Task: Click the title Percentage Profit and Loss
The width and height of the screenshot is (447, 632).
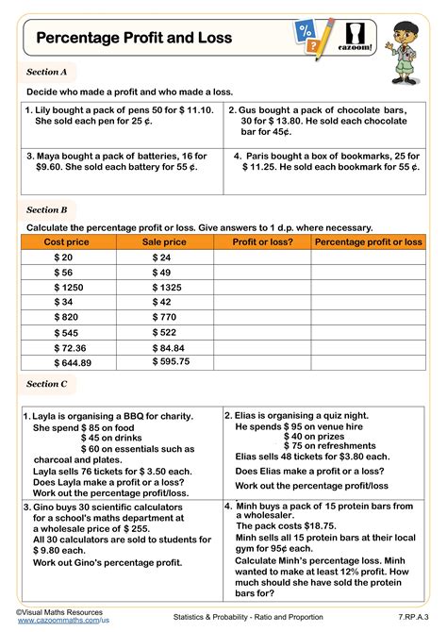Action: coord(133,38)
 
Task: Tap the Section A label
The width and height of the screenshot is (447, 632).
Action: coord(47,71)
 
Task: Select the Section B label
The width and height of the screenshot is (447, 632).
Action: coord(47,209)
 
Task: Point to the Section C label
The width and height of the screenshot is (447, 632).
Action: coord(47,384)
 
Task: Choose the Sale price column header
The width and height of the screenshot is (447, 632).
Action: coord(164,242)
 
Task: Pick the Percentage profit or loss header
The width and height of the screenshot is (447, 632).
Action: coord(368,242)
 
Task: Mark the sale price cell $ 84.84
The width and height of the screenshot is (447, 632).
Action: coord(170,347)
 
